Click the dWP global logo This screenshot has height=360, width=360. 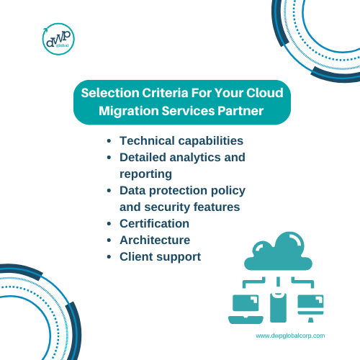pyautogui.click(x=58, y=39)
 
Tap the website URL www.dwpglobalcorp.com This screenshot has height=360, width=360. pyautogui.click(x=290, y=336)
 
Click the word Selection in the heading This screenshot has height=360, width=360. pyautogui.click(x=110, y=93)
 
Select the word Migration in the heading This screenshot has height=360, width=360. pyautogui.click(x=129, y=111)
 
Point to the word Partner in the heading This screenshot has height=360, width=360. pyautogui.click(x=240, y=111)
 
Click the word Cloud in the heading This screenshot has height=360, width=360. pyautogui.click(x=265, y=93)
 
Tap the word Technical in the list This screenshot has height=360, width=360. pyautogui.click(x=147, y=140)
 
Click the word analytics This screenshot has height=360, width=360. pyautogui.click(x=195, y=158)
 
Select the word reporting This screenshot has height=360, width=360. pyautogui.click(x=145, y=174)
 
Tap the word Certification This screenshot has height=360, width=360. pyautogui.click(x=154, y=224)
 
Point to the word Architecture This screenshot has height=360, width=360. pyautogui.click(x=155, y=240)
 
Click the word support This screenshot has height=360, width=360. pyautogui.click(x=179, y=257)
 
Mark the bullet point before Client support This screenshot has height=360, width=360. pyautogui.click(x=109, y=257)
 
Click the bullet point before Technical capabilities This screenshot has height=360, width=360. pyautogui.click(x=109, y=141)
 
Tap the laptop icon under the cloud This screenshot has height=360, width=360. pyautogui.click(x=246, y=309)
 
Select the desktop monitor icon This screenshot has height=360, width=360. pyautogui.click(x=310, y=308)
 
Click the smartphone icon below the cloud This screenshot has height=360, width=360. pyautogui.click(x=278, y=307)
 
